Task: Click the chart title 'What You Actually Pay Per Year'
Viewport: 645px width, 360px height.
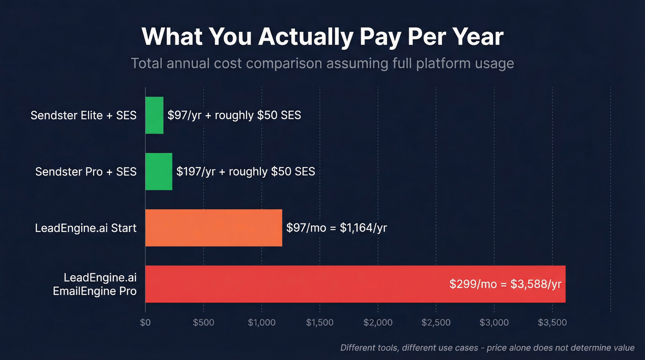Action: (322, 37)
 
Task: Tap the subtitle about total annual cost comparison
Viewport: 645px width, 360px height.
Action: (322, 63)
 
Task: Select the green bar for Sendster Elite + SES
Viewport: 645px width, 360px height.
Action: (154, 115)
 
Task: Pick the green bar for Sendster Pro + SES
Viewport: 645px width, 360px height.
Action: (159, 171)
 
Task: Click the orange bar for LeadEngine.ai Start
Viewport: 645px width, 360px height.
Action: (213, 228)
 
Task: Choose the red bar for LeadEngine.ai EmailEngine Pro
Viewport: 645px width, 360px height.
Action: (295, 284)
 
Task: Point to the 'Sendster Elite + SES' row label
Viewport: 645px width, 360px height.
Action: (83, 115)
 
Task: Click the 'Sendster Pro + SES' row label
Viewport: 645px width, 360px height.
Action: (86, 171)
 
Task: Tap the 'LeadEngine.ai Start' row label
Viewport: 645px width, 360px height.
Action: (86, 228)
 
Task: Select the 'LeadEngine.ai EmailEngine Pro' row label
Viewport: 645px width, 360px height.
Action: (100, 284)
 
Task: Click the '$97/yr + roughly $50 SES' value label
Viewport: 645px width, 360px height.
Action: (234, 115)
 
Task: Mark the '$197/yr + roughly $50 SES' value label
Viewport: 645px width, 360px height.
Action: (246, 171)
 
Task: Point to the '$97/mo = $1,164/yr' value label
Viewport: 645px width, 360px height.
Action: (336, 228)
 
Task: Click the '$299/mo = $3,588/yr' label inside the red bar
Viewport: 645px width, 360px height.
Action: (505, 284)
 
